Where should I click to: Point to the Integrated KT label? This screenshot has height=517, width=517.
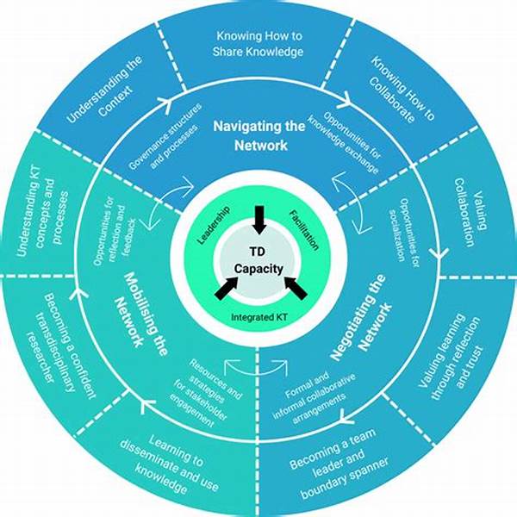click(x=258, y=318)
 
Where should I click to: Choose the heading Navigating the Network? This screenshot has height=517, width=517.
click(x=258, y=135)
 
